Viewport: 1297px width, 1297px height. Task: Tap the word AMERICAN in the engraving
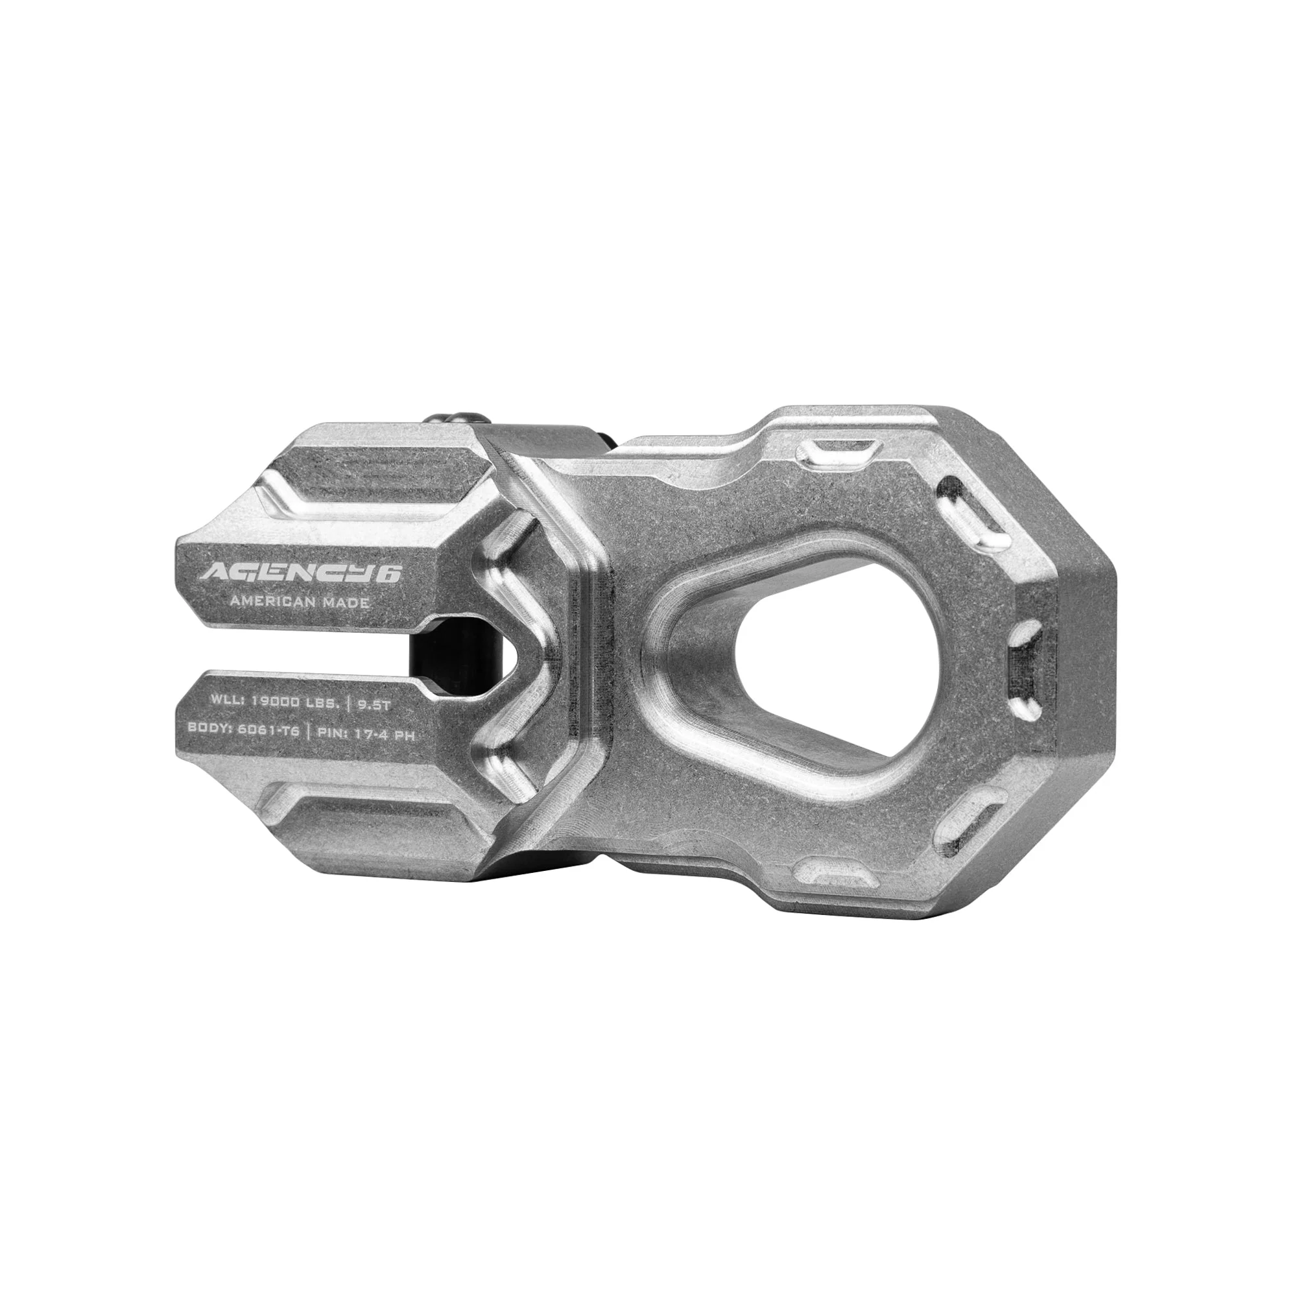click(272, 602)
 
